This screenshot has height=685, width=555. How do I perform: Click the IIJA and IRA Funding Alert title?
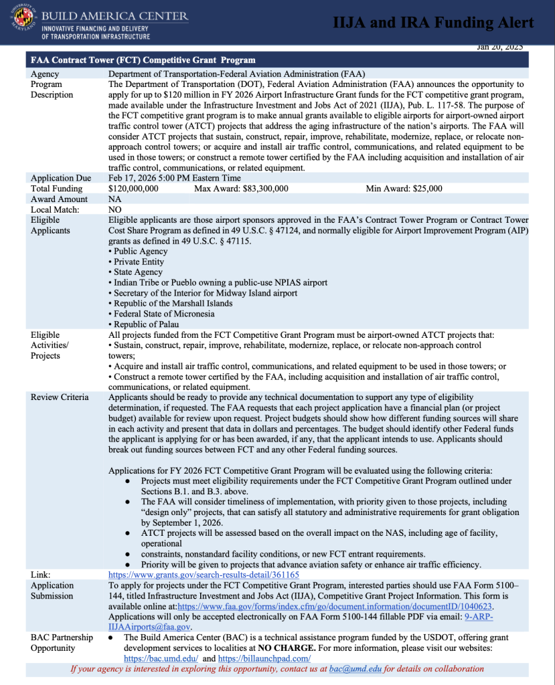click(433, 23)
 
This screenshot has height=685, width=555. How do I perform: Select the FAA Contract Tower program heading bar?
click(277, 59)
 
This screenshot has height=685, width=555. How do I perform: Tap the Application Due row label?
click(60, 178)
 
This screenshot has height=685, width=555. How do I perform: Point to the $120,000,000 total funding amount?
click(133, 189)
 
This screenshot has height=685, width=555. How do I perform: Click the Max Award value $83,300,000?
click(258, 189)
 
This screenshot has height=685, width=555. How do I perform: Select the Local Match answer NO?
click(114, 209)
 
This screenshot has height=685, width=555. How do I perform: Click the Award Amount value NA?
click(114, 199)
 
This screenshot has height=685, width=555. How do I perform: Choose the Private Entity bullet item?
click(139, 262)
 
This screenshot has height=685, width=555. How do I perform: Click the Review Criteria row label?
click(60, 397)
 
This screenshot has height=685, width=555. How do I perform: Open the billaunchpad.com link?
click(257, 658)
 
